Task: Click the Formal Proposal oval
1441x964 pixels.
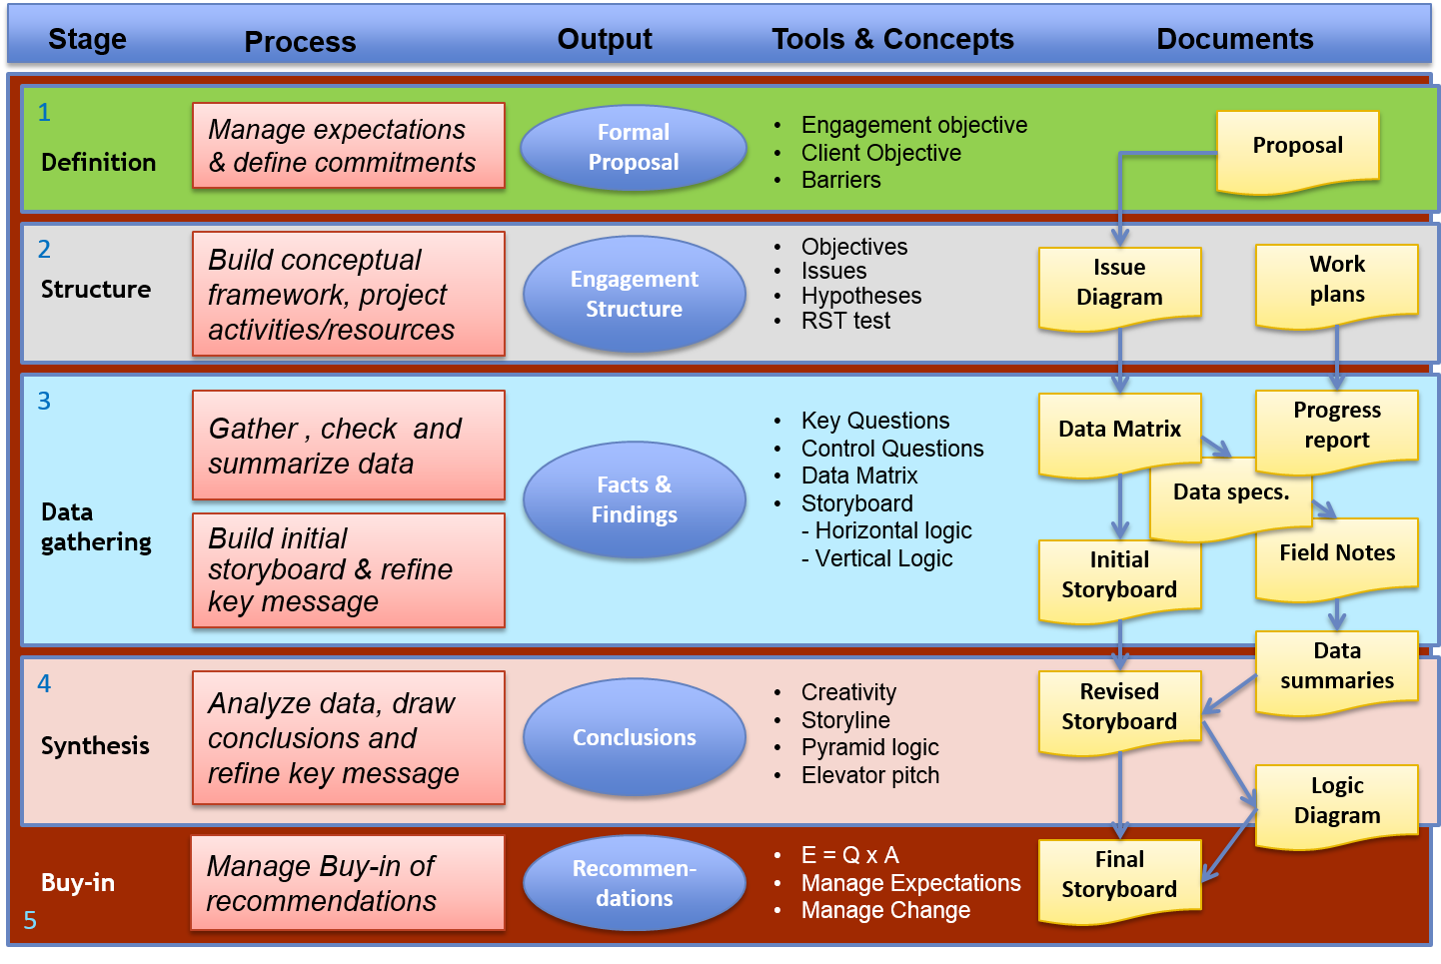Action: [x=634, y=148]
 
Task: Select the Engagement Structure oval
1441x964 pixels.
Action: [x=634, y=294]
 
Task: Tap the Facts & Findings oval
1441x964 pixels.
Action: [x=634, y=499]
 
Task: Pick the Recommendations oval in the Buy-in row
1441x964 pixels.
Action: [x=634, y=883]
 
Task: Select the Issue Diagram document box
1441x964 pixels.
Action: [x=1119, y=287]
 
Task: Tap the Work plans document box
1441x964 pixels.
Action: [x=1336, y=284]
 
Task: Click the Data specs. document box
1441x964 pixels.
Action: [x=1230, y=496]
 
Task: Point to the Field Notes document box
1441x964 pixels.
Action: [x=1336, y=555]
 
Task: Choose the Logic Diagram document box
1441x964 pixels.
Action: [x=1336, y=803]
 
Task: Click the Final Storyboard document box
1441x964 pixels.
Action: [x=1119, y=877]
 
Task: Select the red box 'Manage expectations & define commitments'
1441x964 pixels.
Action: [x=348, y=146]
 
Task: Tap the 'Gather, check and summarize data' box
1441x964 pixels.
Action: [x=348, y=446]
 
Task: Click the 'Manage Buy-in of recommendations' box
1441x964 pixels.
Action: [x=348, y=883]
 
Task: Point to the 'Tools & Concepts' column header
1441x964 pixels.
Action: [x=892, y=39]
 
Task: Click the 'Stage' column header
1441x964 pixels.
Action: [x=87, y=39]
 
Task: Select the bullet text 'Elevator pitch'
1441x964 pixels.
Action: [x=869, y=775]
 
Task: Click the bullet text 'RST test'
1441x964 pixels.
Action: [x=845, y=321]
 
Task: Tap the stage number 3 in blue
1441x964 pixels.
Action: [x=44, y=402]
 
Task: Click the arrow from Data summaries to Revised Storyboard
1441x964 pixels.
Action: [x=1229, y=695]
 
